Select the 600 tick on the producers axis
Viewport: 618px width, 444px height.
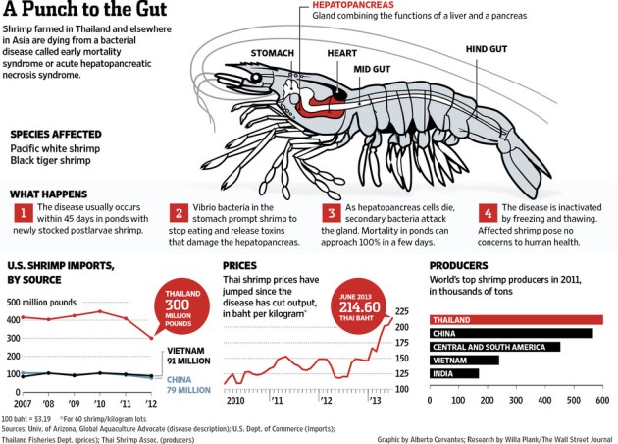pyautogui.click(x=601, y=403)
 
